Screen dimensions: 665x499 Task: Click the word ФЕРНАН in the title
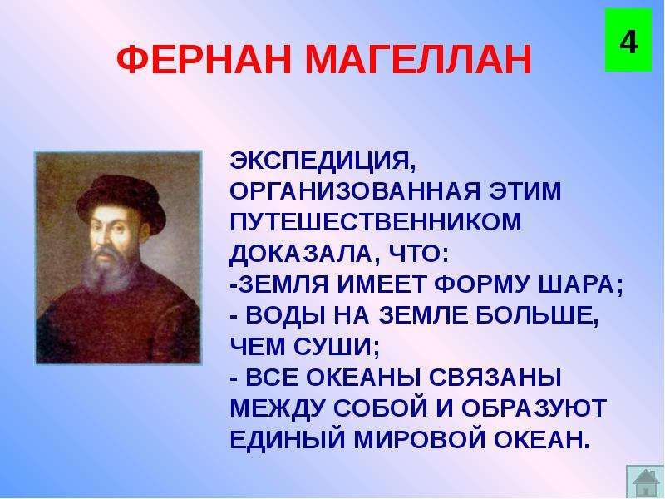coord(204,59)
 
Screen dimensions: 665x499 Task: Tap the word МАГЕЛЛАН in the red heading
coord(419,60)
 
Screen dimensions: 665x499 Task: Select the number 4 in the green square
coord(628,42)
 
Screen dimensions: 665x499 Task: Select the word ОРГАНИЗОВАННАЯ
coord(355,191)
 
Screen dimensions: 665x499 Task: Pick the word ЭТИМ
coord(525,191)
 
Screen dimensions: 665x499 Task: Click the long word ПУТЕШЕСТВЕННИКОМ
coord(376,222)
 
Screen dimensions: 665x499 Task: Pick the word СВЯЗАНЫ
coord(495,378)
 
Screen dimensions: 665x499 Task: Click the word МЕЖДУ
coord(278,408)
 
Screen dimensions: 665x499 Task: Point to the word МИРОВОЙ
coord(419,439)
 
